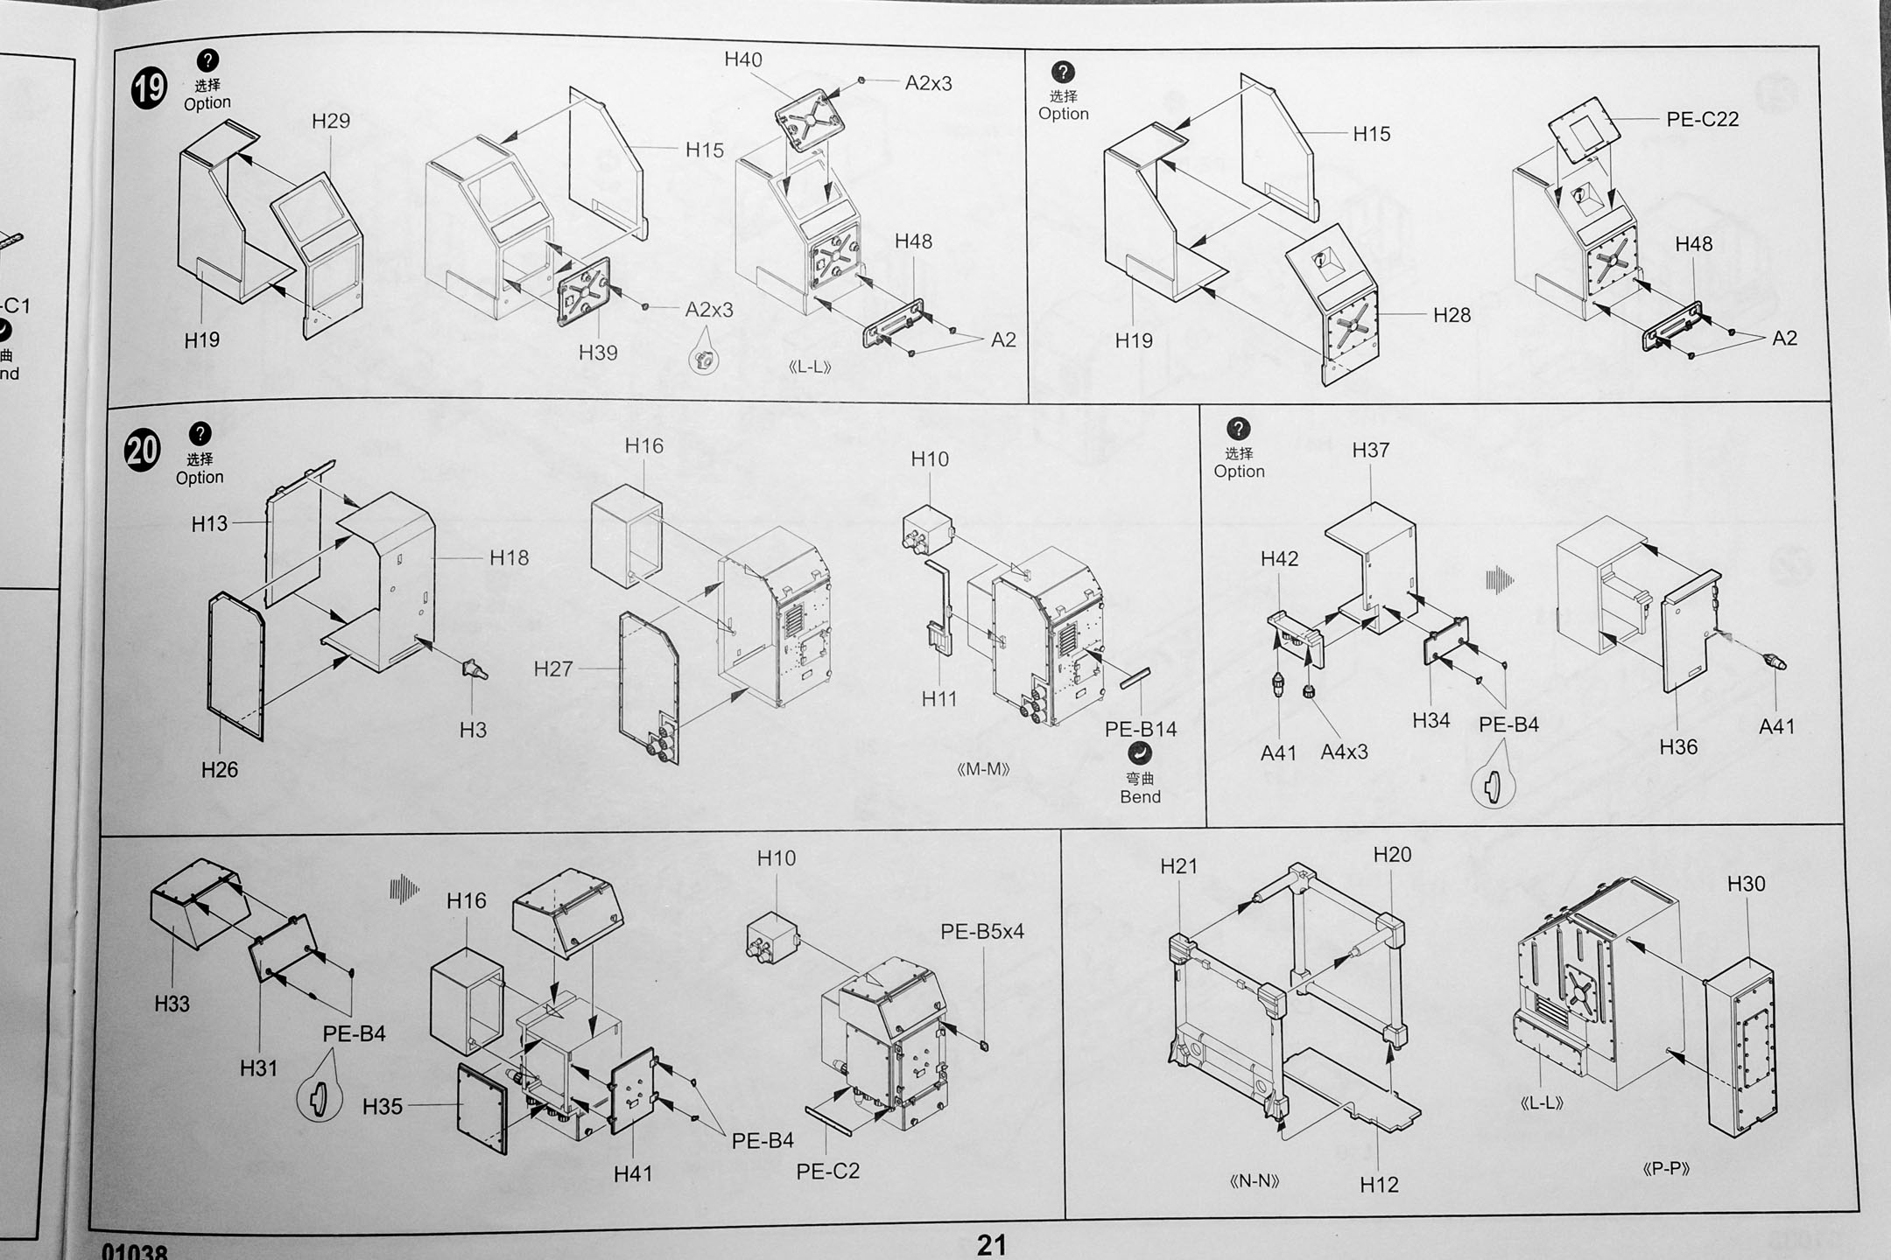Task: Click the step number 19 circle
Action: click(149, 89)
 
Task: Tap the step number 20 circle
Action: click(143, 451)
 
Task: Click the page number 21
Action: click(992, 1244)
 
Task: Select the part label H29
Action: click(331, 122)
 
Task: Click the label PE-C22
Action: click(1702, 120)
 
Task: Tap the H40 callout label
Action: click(743, 59)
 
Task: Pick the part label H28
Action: click(1452, 315)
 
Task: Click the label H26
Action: click(219, 770)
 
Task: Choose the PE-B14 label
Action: click(1141, 729)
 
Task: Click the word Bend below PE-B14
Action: click(1140, 797)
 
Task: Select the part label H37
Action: click(1370, 451)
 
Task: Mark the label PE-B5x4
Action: click(982, 932)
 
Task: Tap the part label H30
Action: click(1746, 884)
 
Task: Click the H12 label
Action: click(1379, 1185)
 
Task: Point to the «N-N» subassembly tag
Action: click(1255, 1181)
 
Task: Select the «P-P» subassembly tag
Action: click(1665, 1168)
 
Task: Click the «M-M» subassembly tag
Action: click(983, 769)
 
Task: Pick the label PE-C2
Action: click(827, 1171)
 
